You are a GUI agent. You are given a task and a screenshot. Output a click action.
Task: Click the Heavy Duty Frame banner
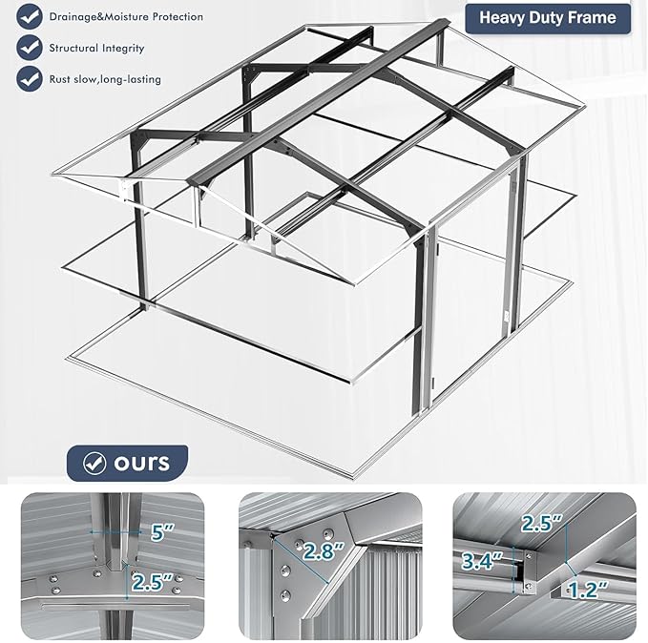coord(547,17)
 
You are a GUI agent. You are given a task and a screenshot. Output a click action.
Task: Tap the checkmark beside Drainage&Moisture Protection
coord(31,16)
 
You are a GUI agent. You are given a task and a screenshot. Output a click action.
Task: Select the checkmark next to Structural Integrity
coord(31,47)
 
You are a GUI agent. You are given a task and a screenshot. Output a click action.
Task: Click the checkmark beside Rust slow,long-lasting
coord(31,78)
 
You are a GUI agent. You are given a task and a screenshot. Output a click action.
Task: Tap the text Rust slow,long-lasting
coord(106,78)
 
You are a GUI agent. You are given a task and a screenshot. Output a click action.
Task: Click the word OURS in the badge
coord(141,463)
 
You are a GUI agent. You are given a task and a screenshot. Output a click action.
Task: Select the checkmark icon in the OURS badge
coord(94,464)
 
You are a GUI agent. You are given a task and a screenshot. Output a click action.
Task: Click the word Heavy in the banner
coord(503,17)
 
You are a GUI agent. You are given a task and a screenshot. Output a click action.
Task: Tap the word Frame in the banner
coord(595,17)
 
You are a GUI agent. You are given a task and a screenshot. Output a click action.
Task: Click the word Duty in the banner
coord(550,17)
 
